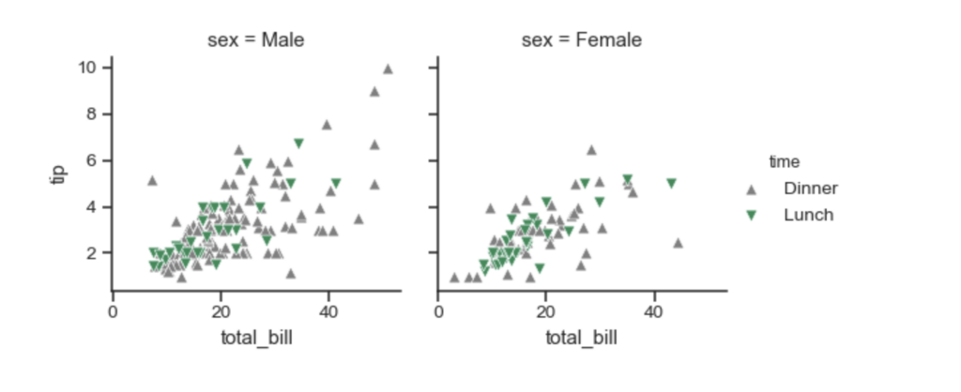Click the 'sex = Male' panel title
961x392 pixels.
(255, 40)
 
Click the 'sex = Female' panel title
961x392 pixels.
(582, 40)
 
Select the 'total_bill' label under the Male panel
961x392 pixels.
(257, 338)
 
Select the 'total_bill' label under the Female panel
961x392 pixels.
(582, 338)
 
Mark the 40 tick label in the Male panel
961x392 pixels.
(328, 311)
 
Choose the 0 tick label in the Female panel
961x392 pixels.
(438, 311)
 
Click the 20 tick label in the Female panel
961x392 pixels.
(545, 311)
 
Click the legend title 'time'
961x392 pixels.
(785, 161)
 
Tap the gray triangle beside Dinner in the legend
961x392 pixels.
(751, 189)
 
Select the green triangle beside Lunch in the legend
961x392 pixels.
(751, 216)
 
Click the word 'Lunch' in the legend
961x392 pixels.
(808, 215)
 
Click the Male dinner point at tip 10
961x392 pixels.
(388, 68)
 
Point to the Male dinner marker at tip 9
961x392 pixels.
(374, 91)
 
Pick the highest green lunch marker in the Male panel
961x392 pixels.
(298, 143)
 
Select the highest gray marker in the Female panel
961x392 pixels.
(591, 149)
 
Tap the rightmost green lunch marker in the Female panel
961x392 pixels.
(671, 183)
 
